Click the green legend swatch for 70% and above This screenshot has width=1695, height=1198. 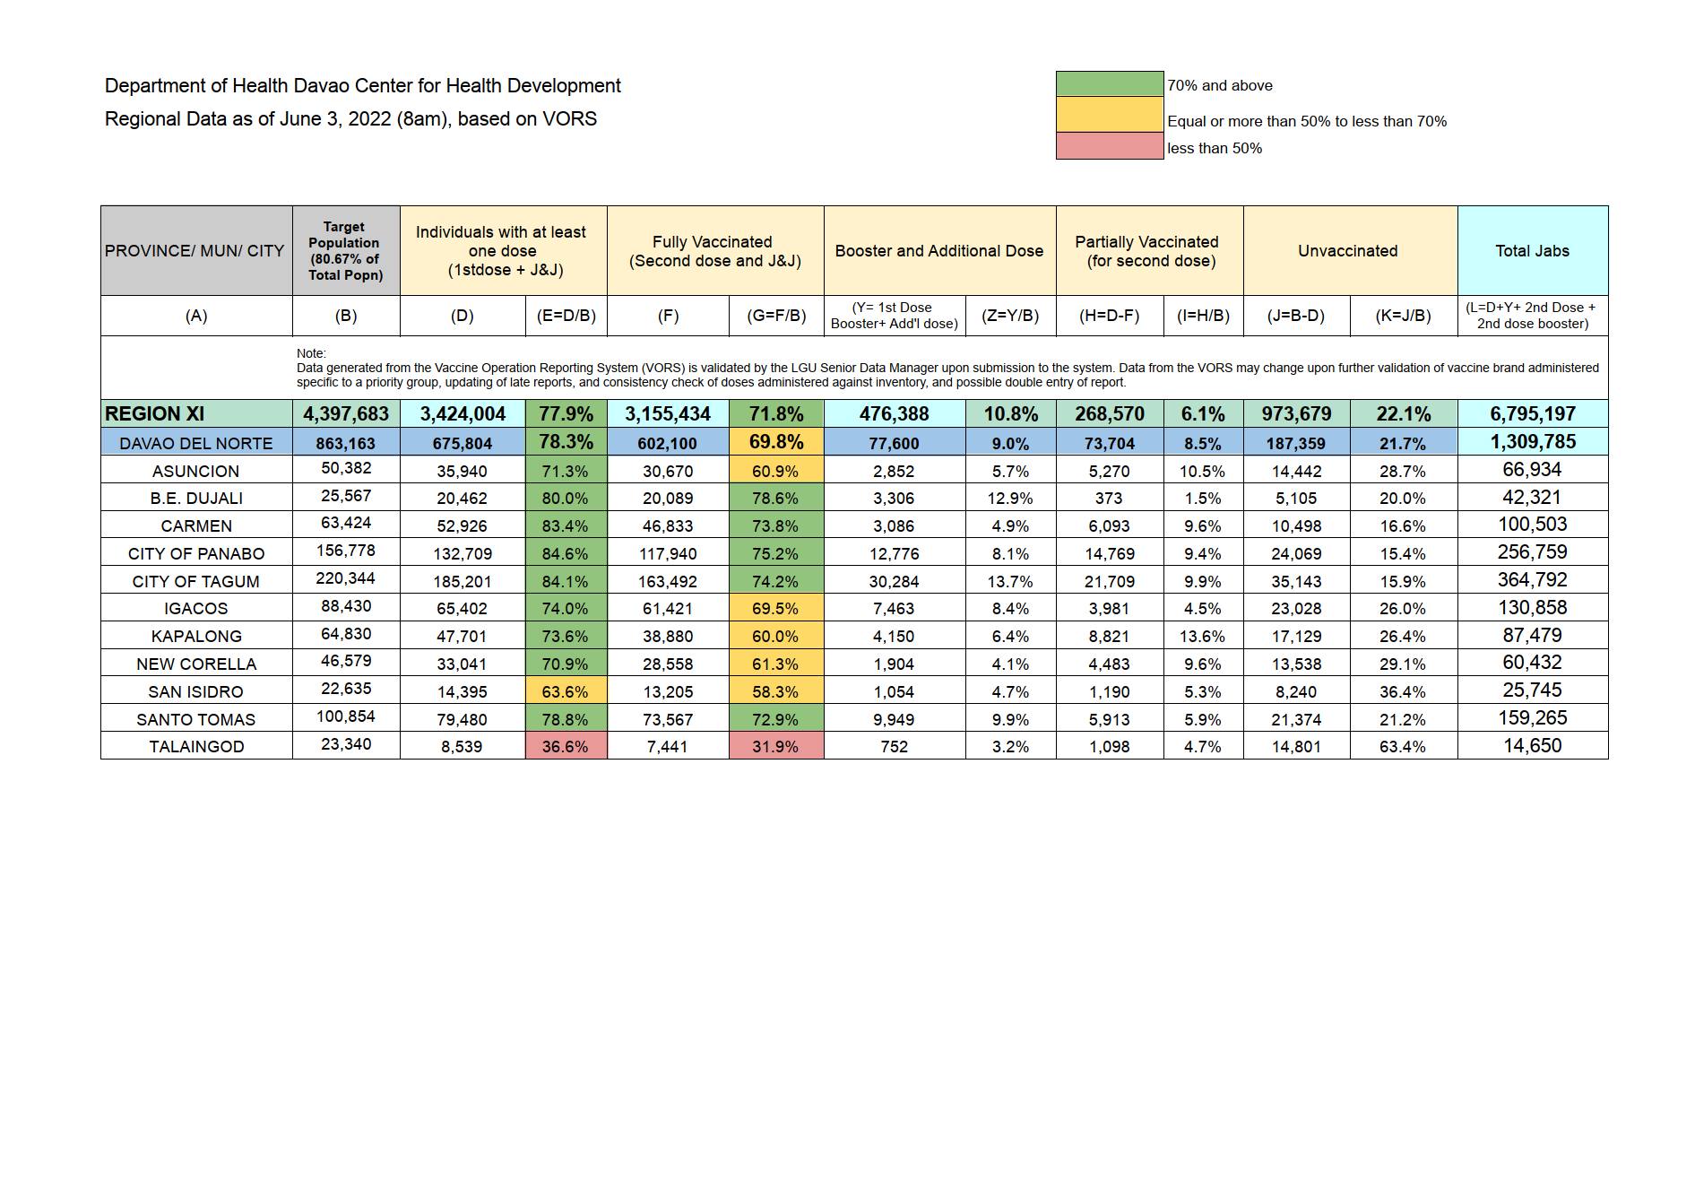(1110, 84)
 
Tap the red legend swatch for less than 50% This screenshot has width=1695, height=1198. (1110, 146)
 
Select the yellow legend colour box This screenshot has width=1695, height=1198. (1110, 115)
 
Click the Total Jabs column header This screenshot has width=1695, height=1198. (1532, 251)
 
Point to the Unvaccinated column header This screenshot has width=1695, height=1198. (1347, 251)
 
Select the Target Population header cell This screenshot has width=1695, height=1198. (345, 251)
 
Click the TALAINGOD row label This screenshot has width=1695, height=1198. (196, 746)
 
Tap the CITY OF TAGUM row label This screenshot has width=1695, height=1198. (196, 581)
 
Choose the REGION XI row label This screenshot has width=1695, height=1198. (154, 414)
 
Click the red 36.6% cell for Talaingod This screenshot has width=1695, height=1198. (566, 746)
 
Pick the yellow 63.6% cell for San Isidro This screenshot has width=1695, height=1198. (566, 691)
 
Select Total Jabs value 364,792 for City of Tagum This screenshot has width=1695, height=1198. (1532, 580)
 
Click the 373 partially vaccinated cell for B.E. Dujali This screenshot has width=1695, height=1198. (1109, 499)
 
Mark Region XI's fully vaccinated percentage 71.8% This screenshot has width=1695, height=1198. (776, 414)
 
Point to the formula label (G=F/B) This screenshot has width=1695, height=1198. (776, 316)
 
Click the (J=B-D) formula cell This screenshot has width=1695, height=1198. (1296, 316)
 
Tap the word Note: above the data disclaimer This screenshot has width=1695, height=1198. (311, 353)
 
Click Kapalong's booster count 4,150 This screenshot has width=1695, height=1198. (894, 637)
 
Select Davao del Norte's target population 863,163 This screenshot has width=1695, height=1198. (345, 443)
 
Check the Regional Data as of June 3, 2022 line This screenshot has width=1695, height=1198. (350, 119)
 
